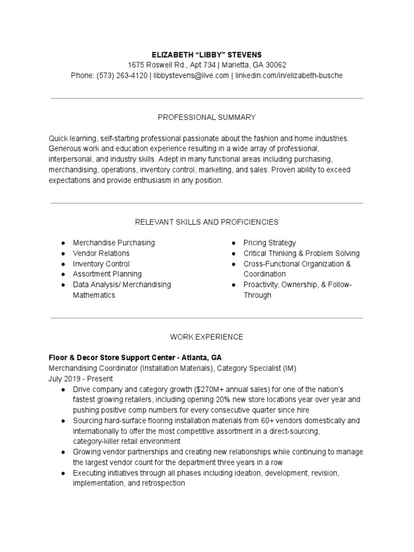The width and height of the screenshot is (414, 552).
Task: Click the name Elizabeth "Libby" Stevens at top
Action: click(x=206, y=54)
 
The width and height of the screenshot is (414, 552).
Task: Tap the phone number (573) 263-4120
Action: click(x=122, y=75)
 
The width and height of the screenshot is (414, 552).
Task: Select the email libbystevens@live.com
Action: click(x=191, y=75)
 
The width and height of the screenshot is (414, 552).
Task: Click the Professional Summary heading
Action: click(x=206, y=117)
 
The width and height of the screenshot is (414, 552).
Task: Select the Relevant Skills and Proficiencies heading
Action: click(x=206, y=222)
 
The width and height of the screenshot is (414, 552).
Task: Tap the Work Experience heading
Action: click(x=206, y=337)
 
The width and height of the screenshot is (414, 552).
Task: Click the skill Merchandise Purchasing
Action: click(x=114, y=243)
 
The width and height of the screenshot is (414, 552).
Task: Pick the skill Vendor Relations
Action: click(x=101, y=253)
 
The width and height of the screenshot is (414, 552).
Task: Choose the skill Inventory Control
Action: click(x=101, y=264)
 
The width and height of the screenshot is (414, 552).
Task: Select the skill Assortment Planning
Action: click(x=107, y=274)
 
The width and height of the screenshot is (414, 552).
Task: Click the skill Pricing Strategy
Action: click(x=270, y=243)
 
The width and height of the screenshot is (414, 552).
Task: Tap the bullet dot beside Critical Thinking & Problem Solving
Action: click(x=233, y=253)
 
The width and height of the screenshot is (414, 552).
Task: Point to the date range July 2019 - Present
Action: click(x=81, y=379)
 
